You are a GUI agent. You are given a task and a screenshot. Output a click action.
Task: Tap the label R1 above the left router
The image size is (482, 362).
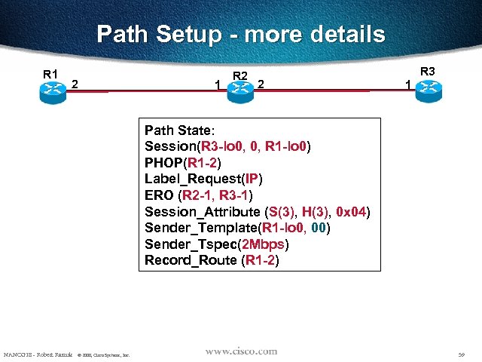50,74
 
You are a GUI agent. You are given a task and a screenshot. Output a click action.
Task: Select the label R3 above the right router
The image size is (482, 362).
428,72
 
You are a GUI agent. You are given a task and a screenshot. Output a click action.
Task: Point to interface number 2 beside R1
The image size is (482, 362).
75,84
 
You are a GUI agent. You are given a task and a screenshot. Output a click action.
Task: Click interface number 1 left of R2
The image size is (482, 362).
218,87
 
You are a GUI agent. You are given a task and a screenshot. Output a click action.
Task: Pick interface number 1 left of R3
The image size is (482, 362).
407,85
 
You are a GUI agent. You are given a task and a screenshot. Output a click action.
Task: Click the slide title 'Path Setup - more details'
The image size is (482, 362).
241,34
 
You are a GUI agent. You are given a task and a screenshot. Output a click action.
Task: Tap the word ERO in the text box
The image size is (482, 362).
157,195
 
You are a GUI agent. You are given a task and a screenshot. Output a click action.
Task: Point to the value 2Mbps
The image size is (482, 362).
266,245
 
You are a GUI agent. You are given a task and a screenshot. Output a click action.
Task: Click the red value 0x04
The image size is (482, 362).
350,212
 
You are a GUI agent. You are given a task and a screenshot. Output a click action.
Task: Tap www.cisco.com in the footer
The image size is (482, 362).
241,351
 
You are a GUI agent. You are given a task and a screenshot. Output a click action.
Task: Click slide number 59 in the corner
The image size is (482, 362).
461,354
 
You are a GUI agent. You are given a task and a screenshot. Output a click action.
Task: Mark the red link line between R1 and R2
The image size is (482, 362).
151,92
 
